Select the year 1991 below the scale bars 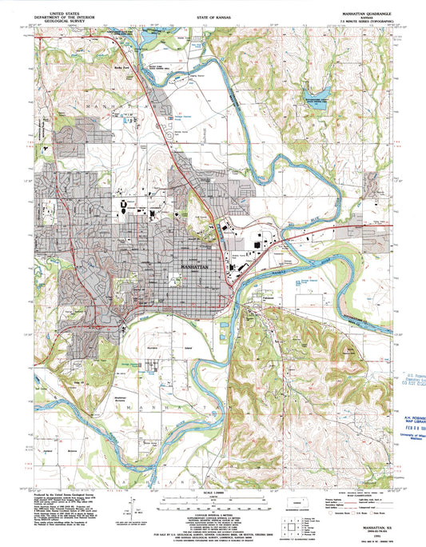pyautogui.click(x=213, y=518)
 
